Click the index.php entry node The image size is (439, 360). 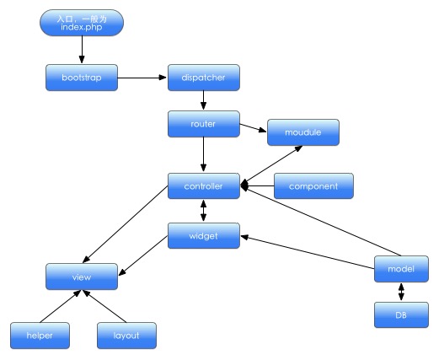coord(82,23)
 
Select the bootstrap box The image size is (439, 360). coord(82,78)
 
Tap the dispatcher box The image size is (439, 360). coord(204,78)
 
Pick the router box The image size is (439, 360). coord(204,124)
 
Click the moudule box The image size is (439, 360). coord(303,132)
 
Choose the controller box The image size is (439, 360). coord(204,186)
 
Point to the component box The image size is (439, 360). coord(313,186)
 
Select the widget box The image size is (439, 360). coord(204,236)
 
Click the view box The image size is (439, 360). coord(82,277)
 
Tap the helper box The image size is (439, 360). coord(40,336)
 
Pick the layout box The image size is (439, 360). coord(126,336)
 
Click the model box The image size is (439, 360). coord(401,269)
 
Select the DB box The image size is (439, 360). coord(401,315)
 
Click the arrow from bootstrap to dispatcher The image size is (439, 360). coord(142,78)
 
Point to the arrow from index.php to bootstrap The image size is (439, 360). coord(82,50)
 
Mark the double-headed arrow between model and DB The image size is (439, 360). coord(401,292)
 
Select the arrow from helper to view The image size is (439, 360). coord(61,306)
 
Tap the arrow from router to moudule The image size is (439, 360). coord(253,128)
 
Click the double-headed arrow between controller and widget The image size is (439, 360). coord(204,211)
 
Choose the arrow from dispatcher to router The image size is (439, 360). coord(204,100)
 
